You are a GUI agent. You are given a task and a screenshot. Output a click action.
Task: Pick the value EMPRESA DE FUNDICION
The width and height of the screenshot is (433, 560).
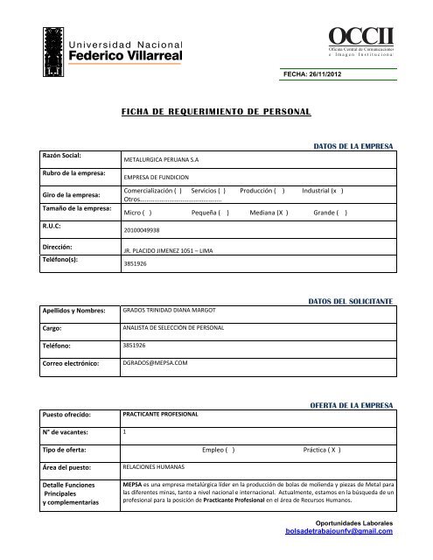tap(157, 178)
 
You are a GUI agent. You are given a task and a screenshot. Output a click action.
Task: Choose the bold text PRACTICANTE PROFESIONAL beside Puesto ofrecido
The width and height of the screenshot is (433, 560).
tap(162, 411)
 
